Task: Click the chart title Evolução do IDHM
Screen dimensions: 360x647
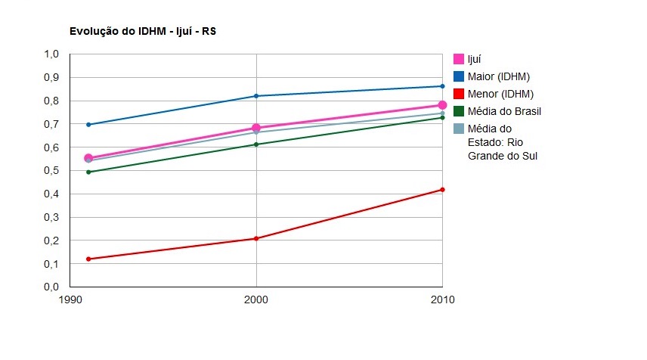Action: coord(144,32)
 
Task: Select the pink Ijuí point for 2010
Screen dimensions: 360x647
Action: coord(442,105)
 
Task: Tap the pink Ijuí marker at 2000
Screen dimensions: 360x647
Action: coord(256,128)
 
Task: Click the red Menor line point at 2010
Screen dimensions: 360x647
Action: coord(442,190)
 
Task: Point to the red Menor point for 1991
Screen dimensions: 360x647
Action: coord(88,259)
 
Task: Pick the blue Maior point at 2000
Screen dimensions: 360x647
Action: coord(256,96)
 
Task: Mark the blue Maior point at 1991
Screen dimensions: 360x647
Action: coord(88,124)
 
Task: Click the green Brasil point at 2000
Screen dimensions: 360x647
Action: coord(256,144)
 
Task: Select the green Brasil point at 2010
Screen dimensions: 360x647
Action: coord(442,117)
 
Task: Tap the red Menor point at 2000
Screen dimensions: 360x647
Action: coord(256,238)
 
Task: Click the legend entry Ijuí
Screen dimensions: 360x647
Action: coord(475,59)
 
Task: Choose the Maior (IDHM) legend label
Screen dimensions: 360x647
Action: coord(498,76)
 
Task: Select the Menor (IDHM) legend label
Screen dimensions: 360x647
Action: coord(500,94)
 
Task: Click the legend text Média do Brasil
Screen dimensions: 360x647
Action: coord(504,111)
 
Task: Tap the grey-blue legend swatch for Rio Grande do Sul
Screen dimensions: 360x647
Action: coord(458,129)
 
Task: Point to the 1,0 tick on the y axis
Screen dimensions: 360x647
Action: coord(51,54)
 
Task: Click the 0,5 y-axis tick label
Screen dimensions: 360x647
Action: coord(51,171)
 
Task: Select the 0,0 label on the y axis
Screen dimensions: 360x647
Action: coord(51,287)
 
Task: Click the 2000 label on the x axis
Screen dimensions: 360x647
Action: coord(256,300)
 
